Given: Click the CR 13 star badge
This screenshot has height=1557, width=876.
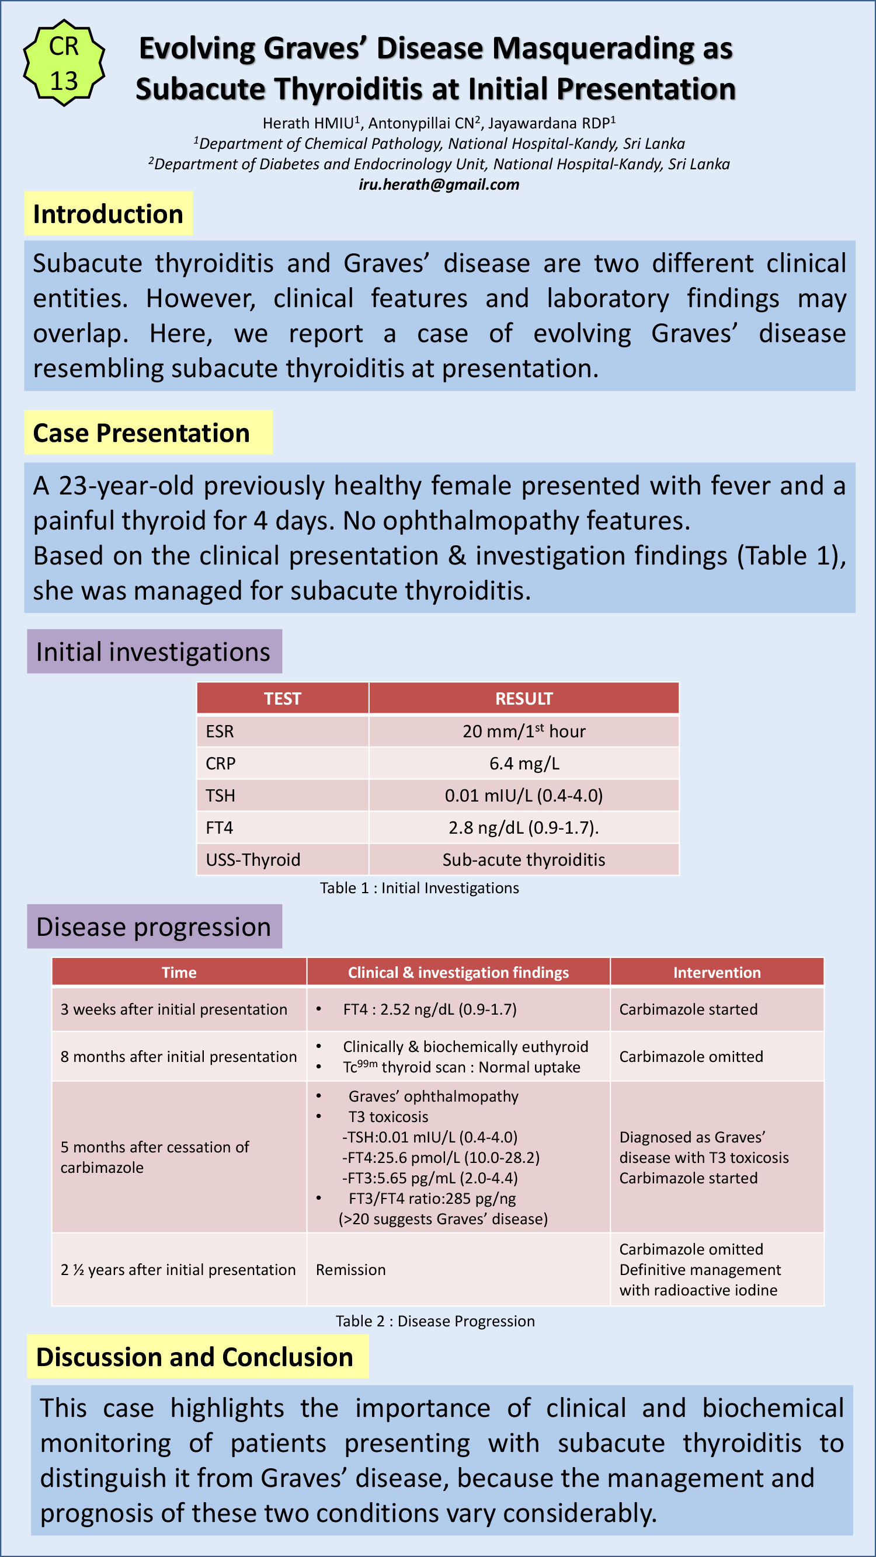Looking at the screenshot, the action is (x=64, y=63).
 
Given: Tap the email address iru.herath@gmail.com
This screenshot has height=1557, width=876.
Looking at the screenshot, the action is (x=439, y=184).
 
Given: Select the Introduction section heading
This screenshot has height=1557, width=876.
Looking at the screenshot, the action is (x=108, y=213).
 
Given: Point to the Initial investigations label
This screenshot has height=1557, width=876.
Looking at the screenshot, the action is (x=154, y=652).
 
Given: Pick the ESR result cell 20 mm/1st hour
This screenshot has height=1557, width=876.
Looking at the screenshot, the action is (x=523, y=731).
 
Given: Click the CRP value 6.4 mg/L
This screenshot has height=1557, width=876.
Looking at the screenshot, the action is (x=523, y=764).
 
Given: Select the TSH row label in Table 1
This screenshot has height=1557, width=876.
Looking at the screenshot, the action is (x=220, y=795).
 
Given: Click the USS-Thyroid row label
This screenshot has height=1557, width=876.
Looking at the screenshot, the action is (x=253, y=859).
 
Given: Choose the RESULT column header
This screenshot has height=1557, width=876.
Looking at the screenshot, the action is (x=523, y=699).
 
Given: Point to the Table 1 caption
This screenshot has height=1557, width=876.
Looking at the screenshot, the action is (x=419, y=888).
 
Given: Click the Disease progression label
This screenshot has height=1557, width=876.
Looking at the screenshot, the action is (x=154, y=926).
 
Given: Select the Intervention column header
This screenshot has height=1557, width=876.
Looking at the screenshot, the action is (x=717, y=973).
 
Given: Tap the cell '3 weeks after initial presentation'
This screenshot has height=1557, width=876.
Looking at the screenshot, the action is (x=173, y=1009).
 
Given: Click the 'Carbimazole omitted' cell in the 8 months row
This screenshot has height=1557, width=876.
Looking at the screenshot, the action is (x=691, y=1057).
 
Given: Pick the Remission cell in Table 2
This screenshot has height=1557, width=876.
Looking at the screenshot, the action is (x=350, y=1269).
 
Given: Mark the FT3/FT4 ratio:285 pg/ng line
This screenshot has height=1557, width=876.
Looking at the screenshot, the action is (x=432, y=1198).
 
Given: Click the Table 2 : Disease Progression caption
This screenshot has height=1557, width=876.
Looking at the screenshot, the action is (x=435, y=1321).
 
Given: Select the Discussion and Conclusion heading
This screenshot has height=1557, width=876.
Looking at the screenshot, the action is (x=194, y=1357).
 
